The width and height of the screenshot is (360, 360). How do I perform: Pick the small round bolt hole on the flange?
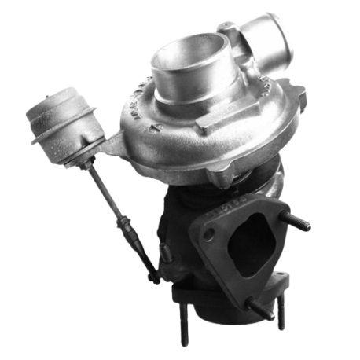[209, 234]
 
